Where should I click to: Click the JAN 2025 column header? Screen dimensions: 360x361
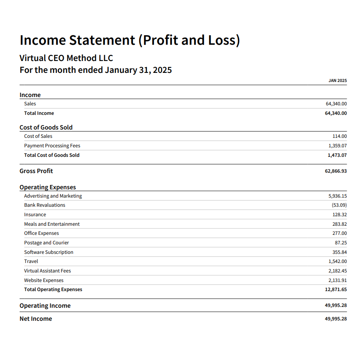(337, 80)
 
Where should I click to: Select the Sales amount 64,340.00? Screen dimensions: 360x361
(336, 104)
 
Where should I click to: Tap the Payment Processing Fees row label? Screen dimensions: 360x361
(52, 146)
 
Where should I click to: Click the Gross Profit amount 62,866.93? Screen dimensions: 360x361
(336, 171)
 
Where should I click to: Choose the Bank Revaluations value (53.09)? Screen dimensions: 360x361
(339, 205)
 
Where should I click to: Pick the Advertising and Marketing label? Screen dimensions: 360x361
(53, 196)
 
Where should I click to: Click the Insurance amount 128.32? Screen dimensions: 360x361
(340, 215)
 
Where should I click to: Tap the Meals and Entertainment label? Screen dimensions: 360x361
(51, 224)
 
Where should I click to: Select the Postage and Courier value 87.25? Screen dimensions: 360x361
(341, 243)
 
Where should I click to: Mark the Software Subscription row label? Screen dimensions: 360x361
(48, 252)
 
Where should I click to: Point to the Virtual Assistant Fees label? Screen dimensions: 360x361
(47, 271)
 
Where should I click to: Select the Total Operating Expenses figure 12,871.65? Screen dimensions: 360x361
(336, 290)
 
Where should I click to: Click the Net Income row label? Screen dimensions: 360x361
(36, 319)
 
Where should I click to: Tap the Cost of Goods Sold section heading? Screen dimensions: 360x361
(46, 128)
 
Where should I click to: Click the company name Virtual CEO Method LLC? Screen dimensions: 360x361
(66, 58)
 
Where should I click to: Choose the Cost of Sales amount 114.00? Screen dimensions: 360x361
(340, 136)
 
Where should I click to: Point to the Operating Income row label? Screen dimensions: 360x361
(45, 306)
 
